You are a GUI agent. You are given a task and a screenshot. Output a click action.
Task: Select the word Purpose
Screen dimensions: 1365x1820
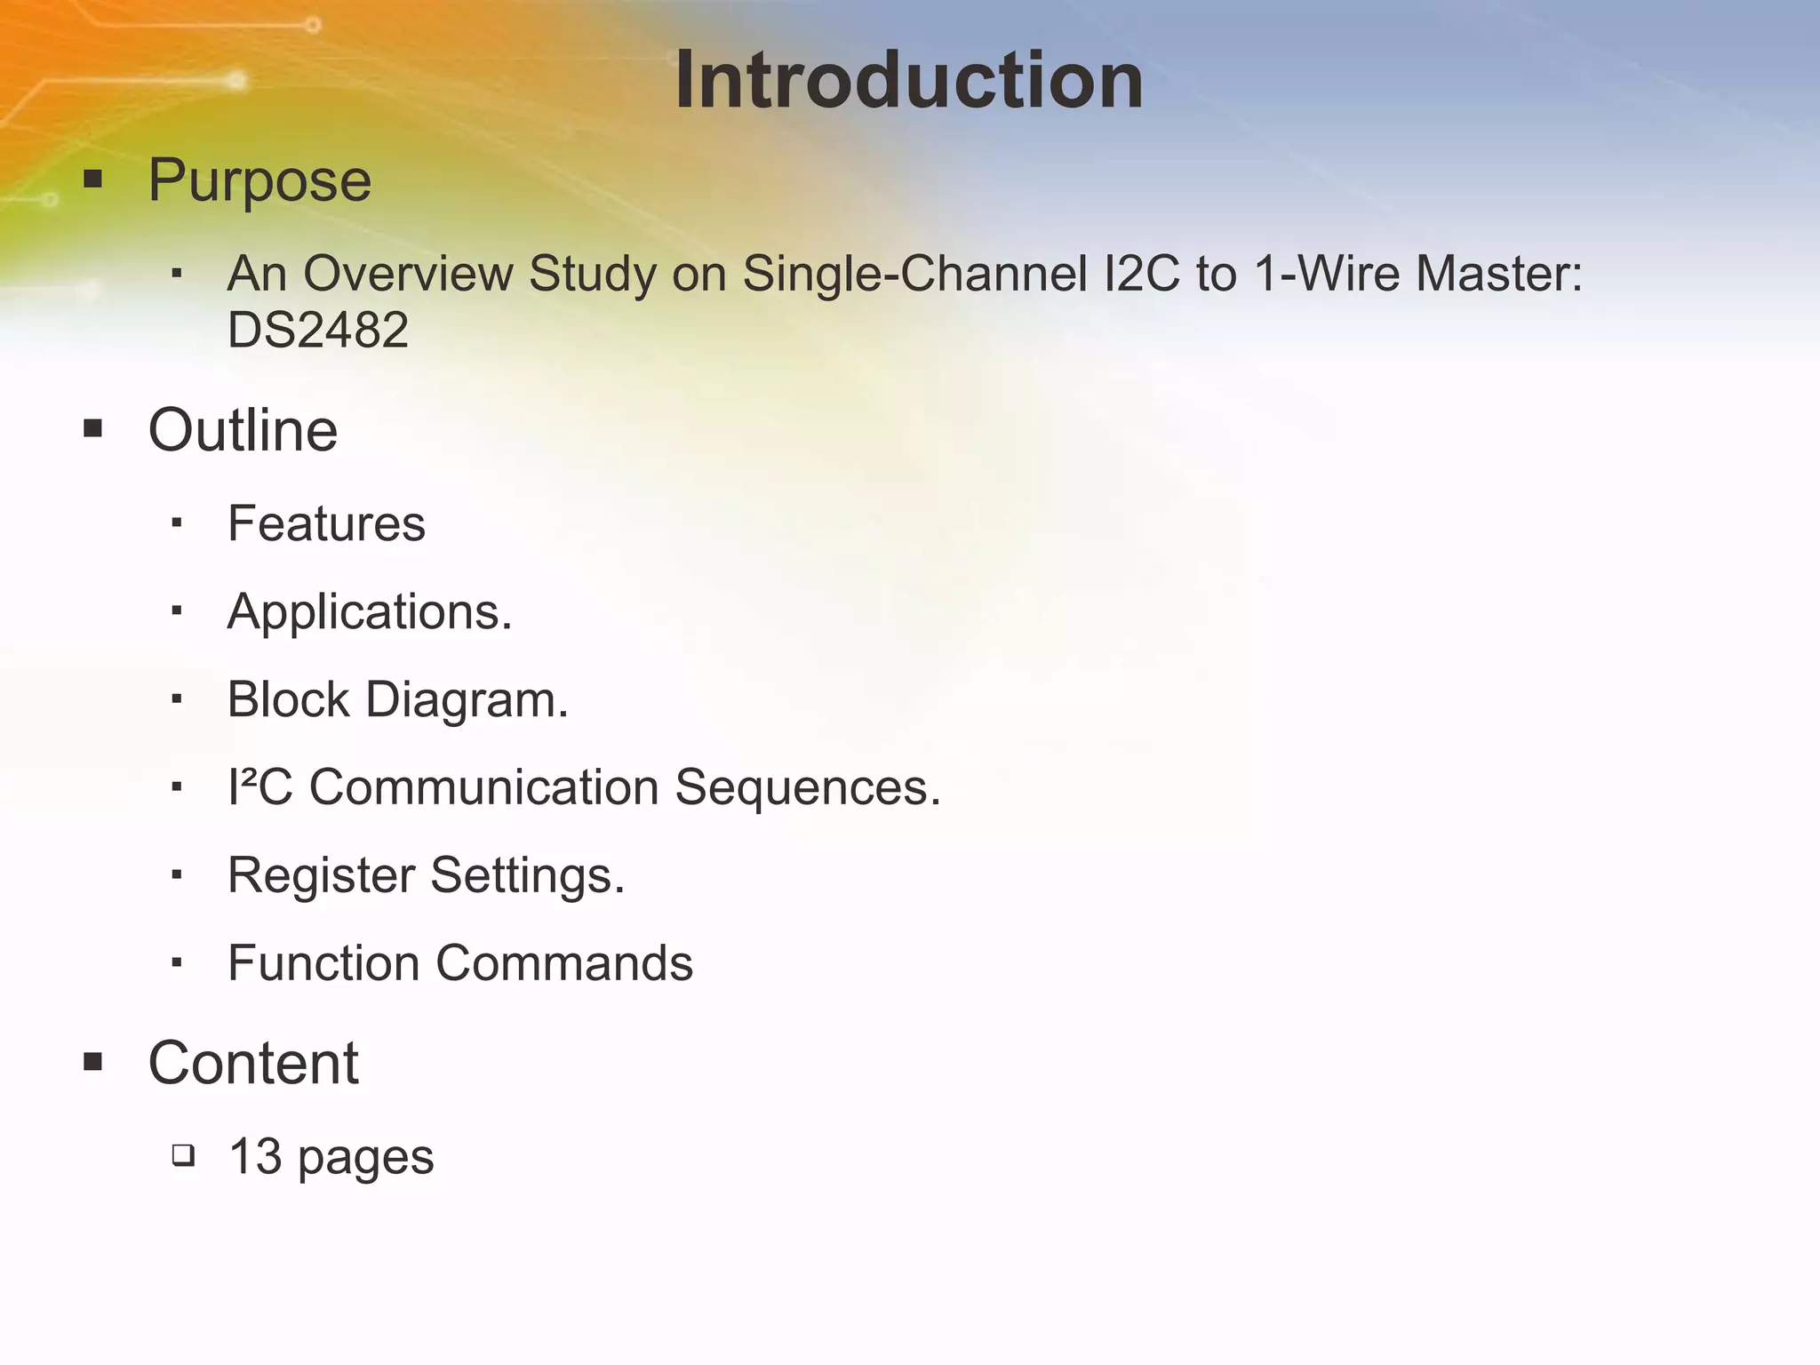(x=259, y=181)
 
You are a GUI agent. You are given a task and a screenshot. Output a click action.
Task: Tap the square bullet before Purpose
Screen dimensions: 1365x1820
(x=93, y=180)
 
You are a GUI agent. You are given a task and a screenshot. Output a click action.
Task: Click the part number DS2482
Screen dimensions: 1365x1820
(x=318, y=330)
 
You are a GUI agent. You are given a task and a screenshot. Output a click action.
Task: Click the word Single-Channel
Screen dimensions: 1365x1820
(x=914, y=273)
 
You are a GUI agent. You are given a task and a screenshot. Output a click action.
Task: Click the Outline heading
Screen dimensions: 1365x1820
(x=243, y=430)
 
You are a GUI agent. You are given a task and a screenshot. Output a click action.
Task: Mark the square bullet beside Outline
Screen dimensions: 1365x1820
(x=93, y=430)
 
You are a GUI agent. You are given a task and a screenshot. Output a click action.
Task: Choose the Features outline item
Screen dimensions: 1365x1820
(x=326, y=523)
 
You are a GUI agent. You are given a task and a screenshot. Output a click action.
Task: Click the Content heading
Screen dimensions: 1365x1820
(x=253, y=1063)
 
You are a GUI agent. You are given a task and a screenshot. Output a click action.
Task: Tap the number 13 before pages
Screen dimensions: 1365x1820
(x=255, y=1157)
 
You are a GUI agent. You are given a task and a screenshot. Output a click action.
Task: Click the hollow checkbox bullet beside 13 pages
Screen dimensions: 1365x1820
(x=183, y=1156)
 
